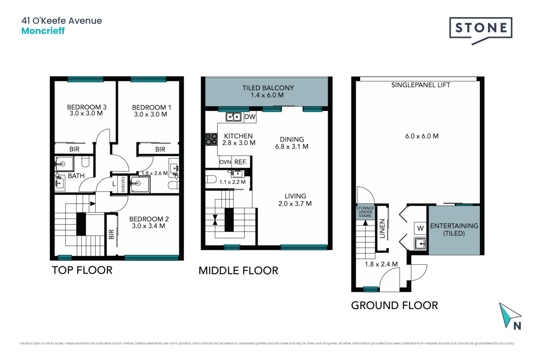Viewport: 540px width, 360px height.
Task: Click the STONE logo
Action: pos(481,30)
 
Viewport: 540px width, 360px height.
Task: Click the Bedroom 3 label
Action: pos(87,107)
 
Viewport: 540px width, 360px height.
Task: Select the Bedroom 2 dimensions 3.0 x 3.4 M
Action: pos(148,226)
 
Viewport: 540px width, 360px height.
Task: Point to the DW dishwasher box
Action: pos(250,117)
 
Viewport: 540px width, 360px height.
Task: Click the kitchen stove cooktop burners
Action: pos(211,139)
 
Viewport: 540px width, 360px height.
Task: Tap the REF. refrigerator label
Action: pos(240,162)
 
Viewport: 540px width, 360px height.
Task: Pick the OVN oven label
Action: pos(225,162)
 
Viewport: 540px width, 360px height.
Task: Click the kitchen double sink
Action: pos(233,117)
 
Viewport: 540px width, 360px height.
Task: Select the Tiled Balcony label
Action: pos(268,88)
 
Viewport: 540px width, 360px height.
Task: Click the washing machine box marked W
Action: pos(420,228)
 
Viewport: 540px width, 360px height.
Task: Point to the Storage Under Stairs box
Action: pos(365,212)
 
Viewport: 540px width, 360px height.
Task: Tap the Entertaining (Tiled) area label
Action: pos(454,229)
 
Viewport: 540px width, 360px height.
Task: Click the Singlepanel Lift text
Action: pos(420,85)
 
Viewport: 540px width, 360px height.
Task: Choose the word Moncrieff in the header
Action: pos(43,31)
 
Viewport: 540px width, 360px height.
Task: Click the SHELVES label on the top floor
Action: pos(123,184)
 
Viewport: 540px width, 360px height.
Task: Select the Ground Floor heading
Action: pos(394,305)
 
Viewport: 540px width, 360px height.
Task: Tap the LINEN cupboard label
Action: pos(382,229)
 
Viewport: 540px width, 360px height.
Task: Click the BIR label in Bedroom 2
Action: pos(111,234)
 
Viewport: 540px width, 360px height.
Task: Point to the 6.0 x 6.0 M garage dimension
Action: pos(422,136)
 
